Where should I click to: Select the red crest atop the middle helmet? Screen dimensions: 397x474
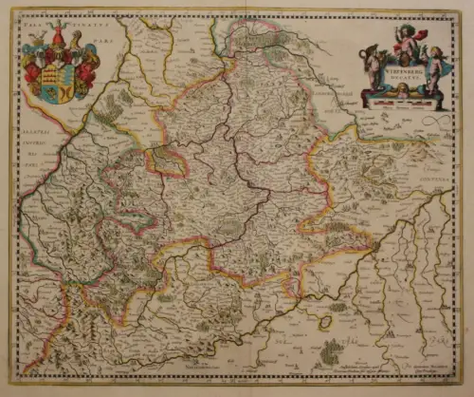tap(60, 38)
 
